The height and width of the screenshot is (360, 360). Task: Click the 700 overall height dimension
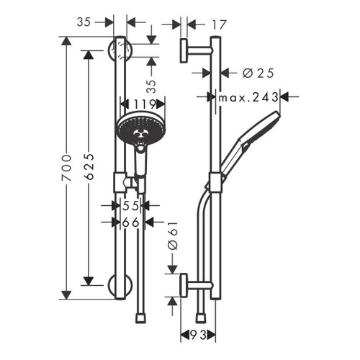66,167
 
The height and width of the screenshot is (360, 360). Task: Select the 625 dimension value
88,167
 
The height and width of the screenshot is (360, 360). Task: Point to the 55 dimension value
130,206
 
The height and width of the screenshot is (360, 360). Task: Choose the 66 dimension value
130,222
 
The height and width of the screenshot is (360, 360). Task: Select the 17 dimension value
199,24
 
